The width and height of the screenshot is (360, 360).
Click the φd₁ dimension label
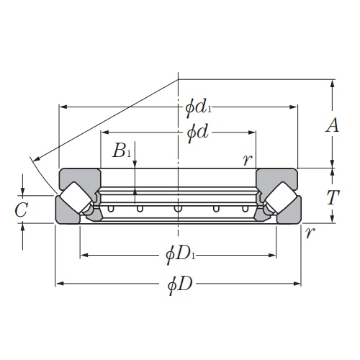[x=198, y=108]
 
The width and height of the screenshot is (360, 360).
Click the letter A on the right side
[x=332, y=126]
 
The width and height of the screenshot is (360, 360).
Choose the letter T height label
[x=332, y=197]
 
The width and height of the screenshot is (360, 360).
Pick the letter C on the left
[x=22, y=210]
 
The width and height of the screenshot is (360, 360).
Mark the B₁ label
[x=122, y=151]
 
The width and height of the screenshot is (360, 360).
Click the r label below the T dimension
[x=310, y=232]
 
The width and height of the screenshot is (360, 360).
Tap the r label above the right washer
[x=247, y=159]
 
